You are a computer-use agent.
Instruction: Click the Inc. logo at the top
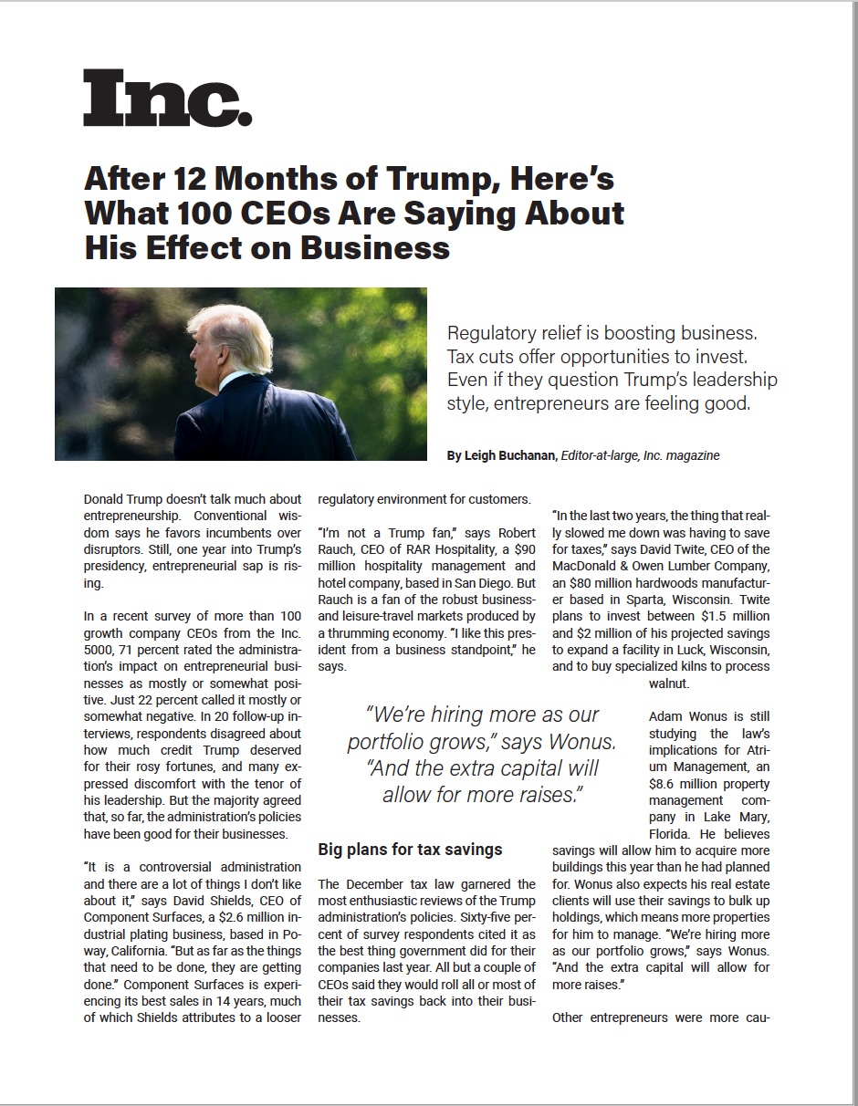167,99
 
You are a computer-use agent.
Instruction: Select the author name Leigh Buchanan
510,455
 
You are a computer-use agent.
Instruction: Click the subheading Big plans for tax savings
410,850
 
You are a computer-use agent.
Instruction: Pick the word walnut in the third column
669,683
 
